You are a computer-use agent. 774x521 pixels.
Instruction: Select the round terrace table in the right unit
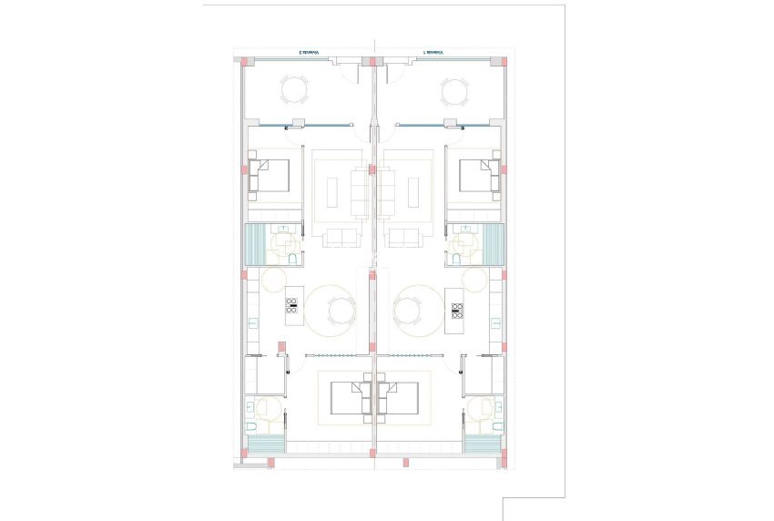coord(454,91)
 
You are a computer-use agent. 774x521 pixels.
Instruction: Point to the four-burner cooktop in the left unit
coord(293,305)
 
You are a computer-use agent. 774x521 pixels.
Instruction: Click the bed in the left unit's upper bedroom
coord(270,177)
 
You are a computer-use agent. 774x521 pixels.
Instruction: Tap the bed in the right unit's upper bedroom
coord(479,177)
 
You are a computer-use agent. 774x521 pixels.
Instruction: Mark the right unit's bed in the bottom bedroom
coord(400,397)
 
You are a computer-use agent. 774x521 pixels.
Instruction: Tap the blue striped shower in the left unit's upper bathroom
coord(254,244)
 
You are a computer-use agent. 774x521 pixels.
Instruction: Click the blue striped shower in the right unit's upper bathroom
coord(493,244)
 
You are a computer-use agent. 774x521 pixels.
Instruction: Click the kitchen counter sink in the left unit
coord(252,321)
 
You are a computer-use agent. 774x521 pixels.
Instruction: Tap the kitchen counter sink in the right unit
coord(495,321)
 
